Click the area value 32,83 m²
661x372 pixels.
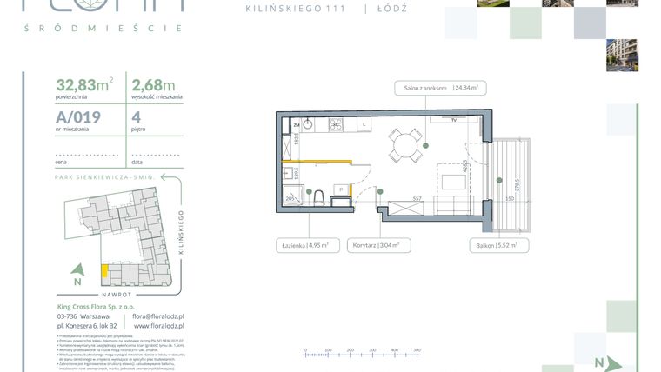pos(83,85)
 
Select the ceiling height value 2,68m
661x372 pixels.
pos(152,85)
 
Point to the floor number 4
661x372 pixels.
pos(137,119)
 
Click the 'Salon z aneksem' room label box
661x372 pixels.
pos(443,88)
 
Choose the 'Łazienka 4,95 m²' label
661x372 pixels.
pos(304,246)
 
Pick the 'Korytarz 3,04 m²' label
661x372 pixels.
pos(377,246)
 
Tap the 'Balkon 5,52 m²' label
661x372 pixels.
pos(495,246)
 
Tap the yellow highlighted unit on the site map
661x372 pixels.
pos(105,270)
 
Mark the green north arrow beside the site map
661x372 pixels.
pos(77,274)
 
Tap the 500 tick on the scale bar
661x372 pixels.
pos(417,351)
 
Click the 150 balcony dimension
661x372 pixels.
pos(511,199)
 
